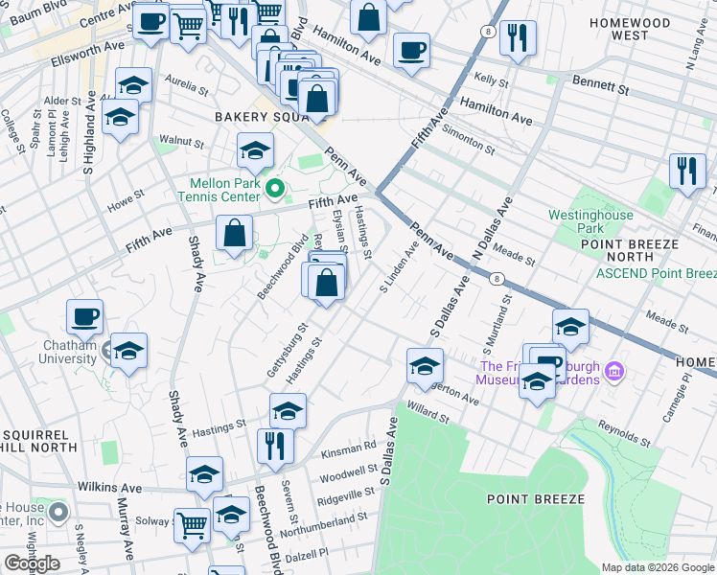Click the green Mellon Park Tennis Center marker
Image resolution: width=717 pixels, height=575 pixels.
pyautogui.click(x=276, y=189)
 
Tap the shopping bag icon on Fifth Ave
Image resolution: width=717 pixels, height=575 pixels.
pyautogui.click(x=234, y=232)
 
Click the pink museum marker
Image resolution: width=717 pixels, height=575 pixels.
pyautogui.click(x=615, y=370)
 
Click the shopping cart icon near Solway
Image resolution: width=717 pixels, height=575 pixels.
pyautogui.click(x=192, y=523)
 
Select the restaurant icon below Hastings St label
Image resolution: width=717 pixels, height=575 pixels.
pyautogui.click(x=273, y=444)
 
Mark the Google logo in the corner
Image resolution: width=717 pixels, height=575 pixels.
pyautogui.click(x=32, y=563)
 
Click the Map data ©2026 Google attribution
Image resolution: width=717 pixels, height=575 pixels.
pyautogui.click(x=657, y=567)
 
